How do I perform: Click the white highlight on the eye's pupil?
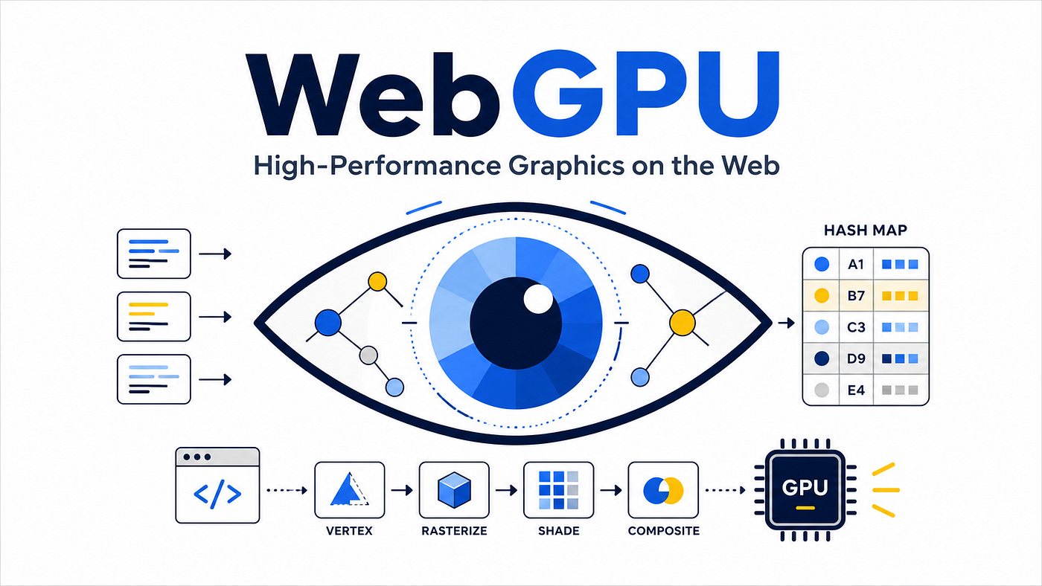538,299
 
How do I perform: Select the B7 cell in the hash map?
856,295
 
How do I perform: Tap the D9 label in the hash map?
856,358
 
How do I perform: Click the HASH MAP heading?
865,230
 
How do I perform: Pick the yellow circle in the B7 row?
822,295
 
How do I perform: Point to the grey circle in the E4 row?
822,390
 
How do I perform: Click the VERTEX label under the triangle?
349,531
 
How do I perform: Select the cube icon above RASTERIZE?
454,490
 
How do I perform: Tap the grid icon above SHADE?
559,490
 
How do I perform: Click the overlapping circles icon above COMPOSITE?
663,490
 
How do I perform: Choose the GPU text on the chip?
805,488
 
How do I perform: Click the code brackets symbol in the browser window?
217,494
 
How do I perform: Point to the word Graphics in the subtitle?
566,167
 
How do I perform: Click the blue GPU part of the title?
646,94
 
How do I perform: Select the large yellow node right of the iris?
683,323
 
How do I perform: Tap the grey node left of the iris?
368,355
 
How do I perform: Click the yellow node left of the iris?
377,281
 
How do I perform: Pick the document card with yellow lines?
154,317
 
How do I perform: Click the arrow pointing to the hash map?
787,323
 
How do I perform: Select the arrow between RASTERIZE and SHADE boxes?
507,490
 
